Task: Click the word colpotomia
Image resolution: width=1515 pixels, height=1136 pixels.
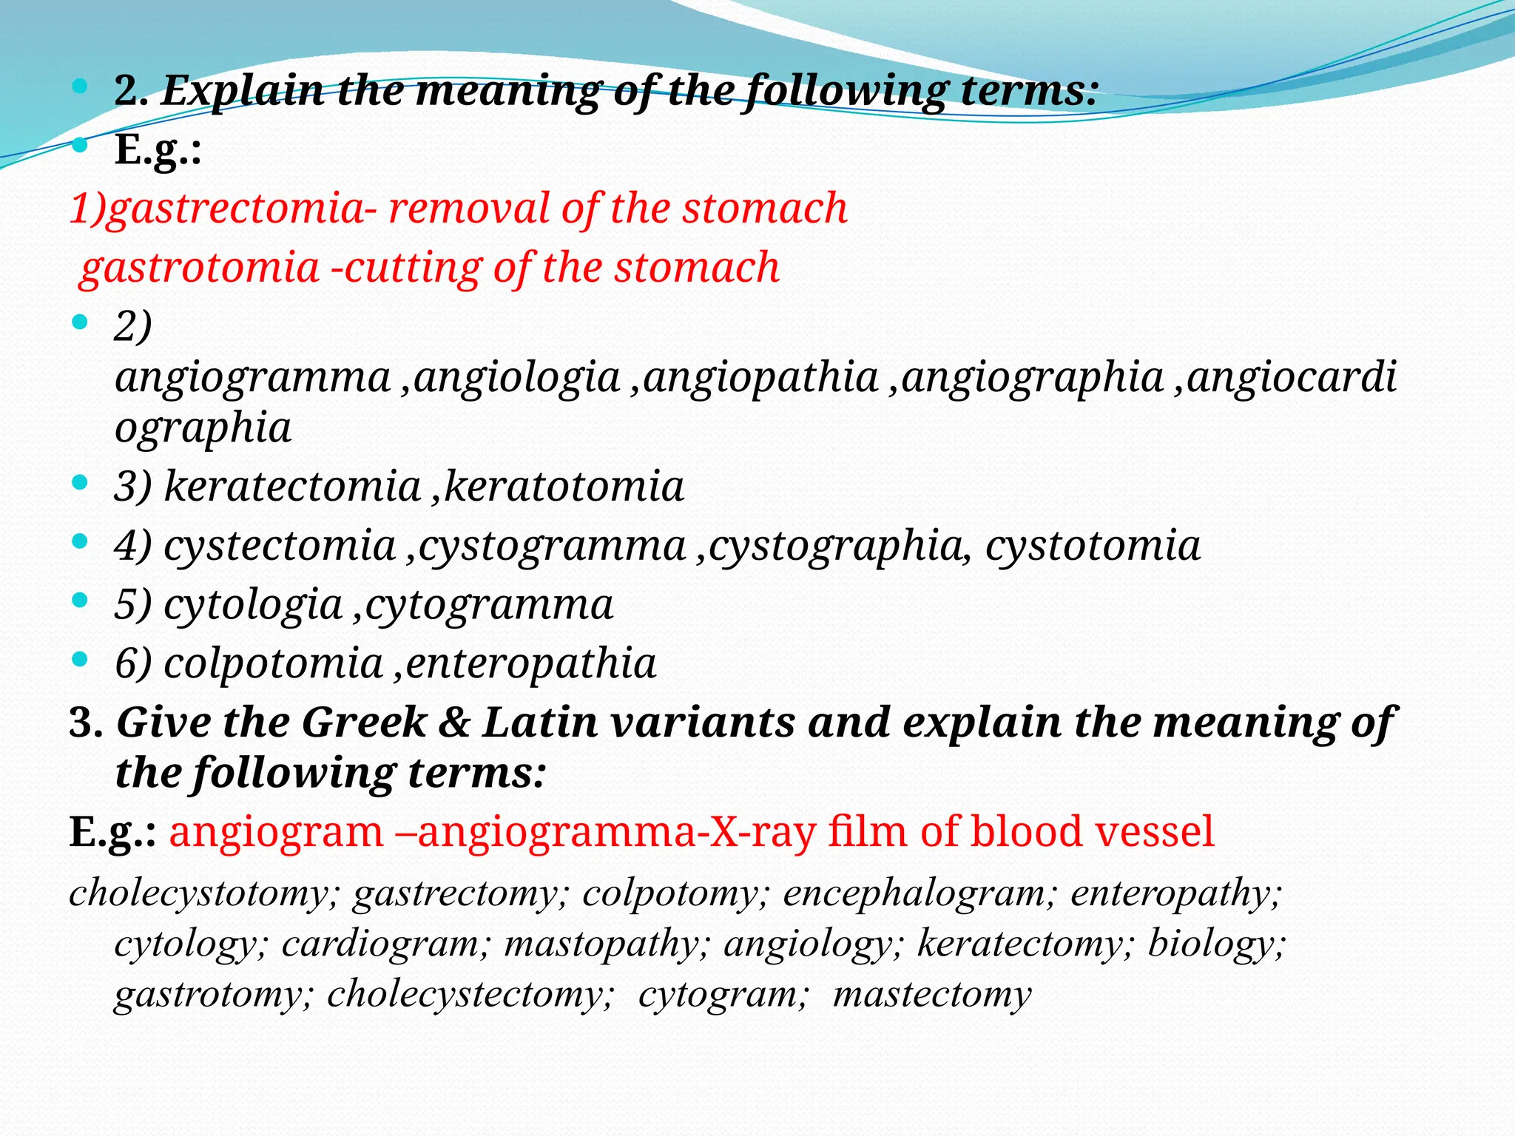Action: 273,663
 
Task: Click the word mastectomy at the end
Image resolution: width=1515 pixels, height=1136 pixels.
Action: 931,995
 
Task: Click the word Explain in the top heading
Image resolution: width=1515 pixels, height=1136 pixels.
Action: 243,92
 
